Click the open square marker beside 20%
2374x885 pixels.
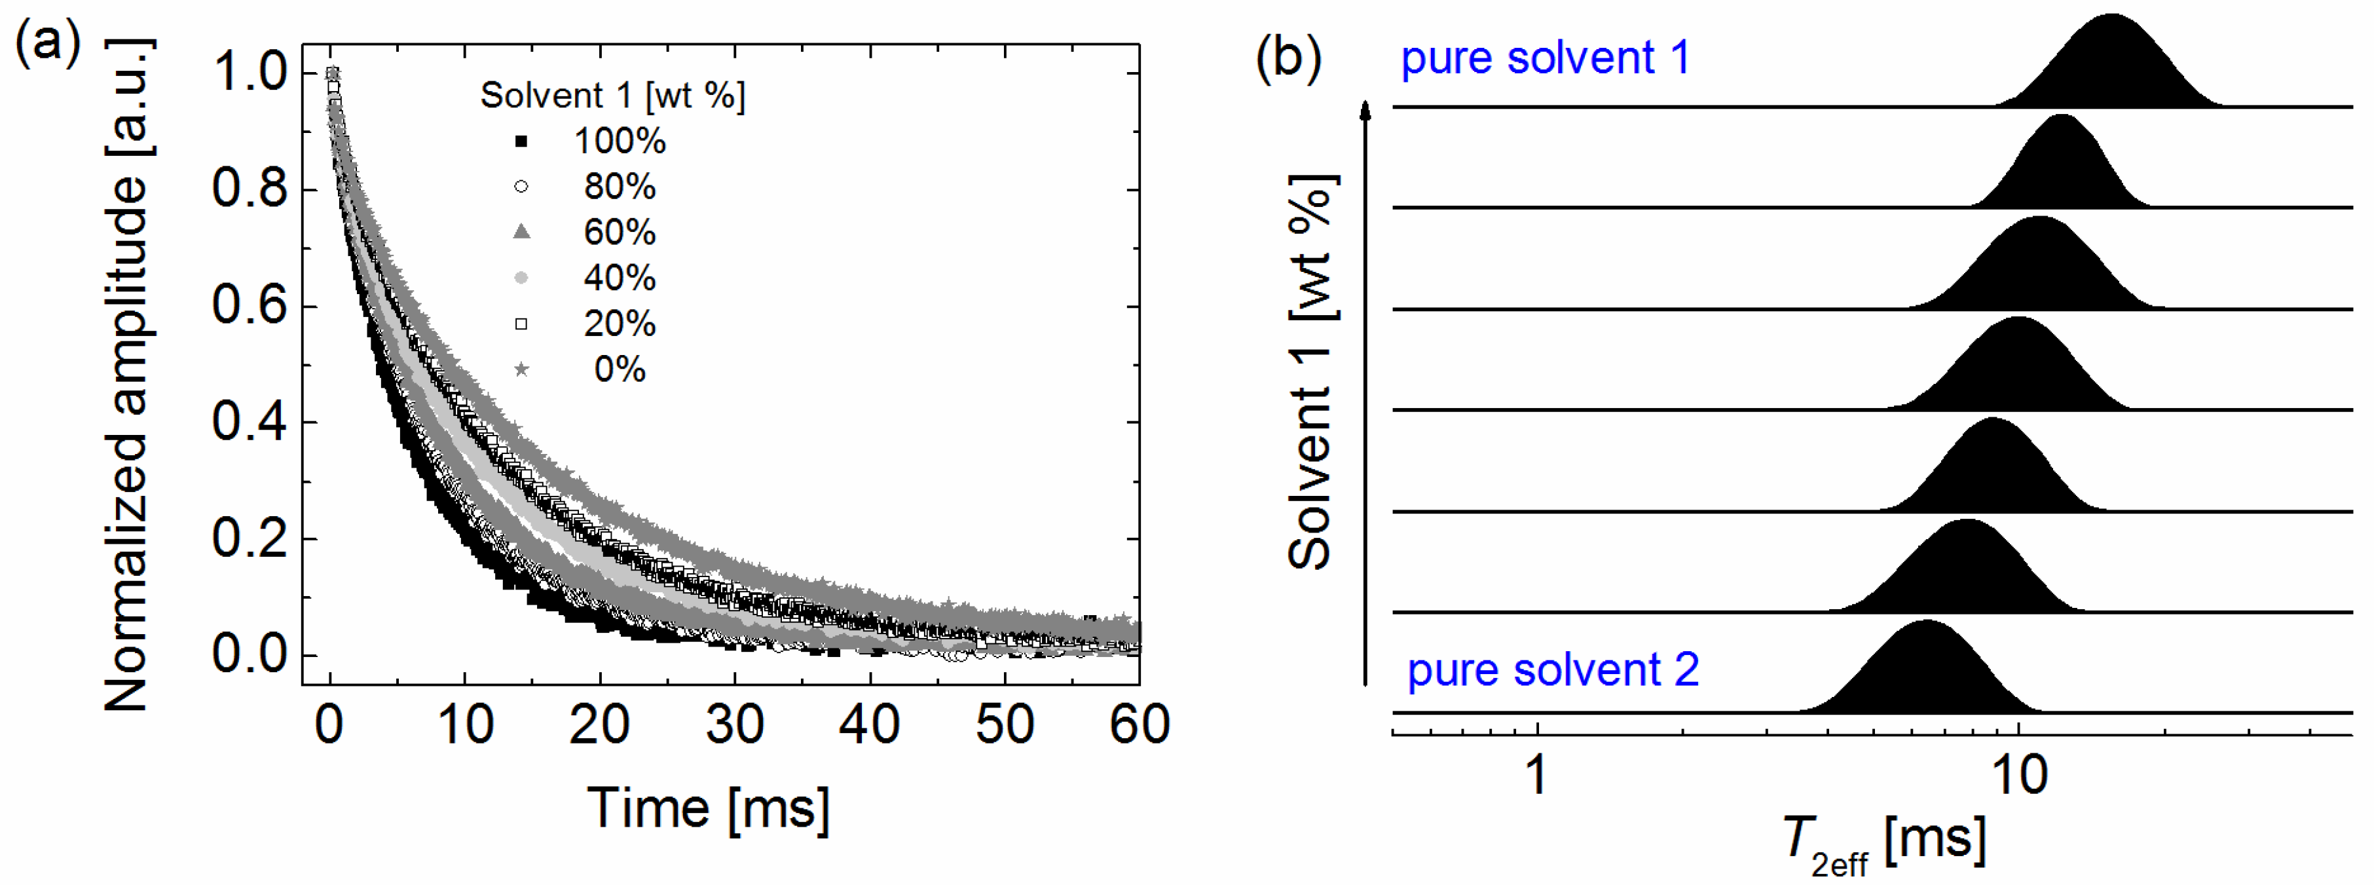(x=521, y=324)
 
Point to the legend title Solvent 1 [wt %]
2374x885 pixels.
(x=613, y=95)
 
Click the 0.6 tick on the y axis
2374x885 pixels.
(x=249, y=305)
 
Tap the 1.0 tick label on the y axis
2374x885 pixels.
(x=249, y=72)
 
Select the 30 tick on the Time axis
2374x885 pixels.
(x=735, y=725)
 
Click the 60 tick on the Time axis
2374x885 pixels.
(x=1139, y=725)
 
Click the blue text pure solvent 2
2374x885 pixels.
(x=1552, y=669)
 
